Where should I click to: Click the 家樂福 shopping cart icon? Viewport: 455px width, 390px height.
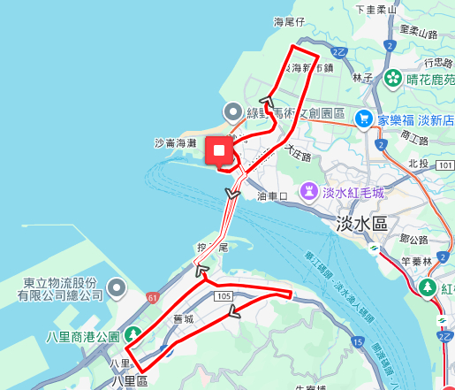click(x=363, y=119)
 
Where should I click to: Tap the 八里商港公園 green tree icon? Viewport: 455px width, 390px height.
click(x=133, y=334)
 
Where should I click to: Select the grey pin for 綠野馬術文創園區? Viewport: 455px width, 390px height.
click(x=233, y=111)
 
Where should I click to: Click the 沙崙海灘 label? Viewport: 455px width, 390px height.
click(x=175, y=142)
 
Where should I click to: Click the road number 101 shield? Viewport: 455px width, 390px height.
click(x=445, y=165)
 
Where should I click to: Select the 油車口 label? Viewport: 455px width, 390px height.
click(x=272, y=195)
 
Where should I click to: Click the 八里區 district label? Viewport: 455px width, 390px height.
click(x=131, y=381)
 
